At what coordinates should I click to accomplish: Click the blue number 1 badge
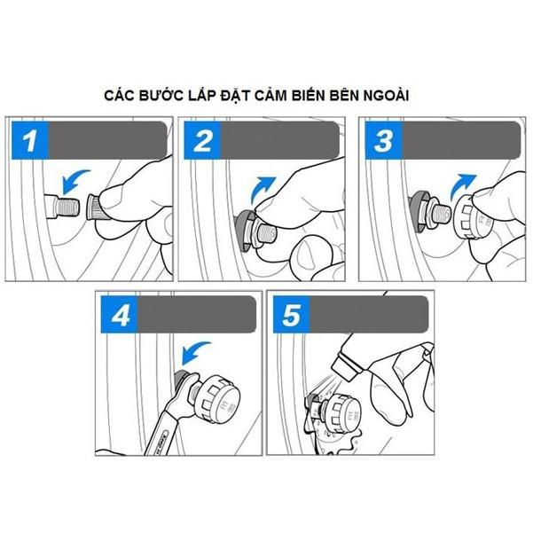(30, 140)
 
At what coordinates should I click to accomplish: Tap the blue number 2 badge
(202, 140)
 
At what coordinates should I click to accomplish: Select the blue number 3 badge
(384, 140)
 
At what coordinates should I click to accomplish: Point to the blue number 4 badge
(120, 315)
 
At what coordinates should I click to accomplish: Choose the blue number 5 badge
(292, 315)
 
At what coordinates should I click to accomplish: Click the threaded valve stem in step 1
(67, 207)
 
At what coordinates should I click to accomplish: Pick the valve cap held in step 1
(96, 207)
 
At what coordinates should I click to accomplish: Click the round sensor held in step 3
(471, 216)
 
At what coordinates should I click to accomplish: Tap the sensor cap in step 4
(216, 396)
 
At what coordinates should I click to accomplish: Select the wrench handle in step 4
(158, 430)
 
